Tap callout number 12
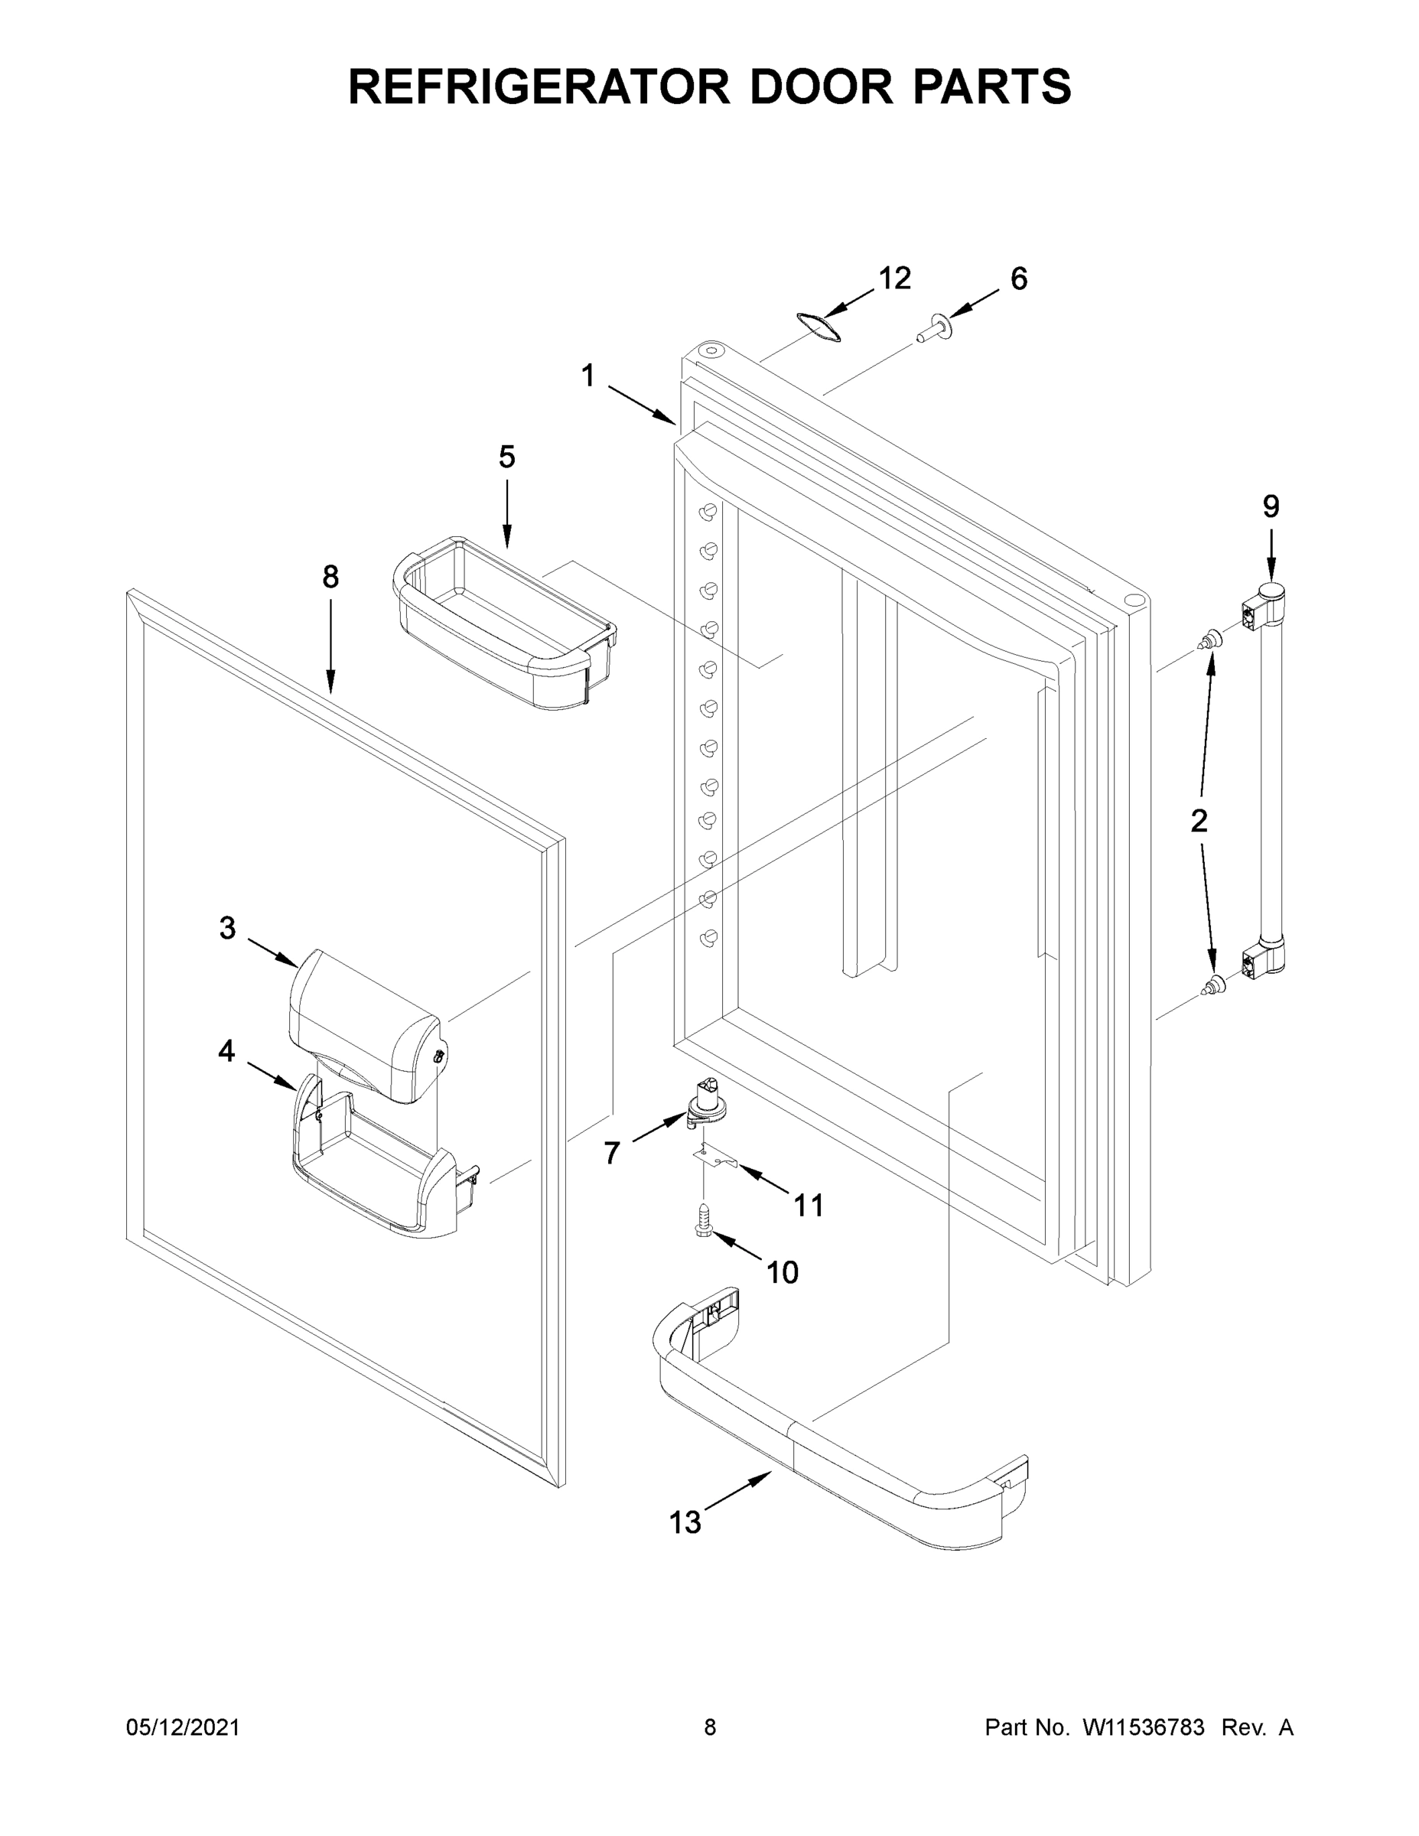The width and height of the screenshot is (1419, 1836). click(x=894, y=278)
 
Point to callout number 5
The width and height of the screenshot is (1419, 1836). click(x=506, y=457)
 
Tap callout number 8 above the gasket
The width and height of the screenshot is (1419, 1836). click(x=330, y=577)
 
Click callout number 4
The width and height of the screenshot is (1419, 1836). click(x=226, y=1051)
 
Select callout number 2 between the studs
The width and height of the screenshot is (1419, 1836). click(x=1199, y=821)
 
